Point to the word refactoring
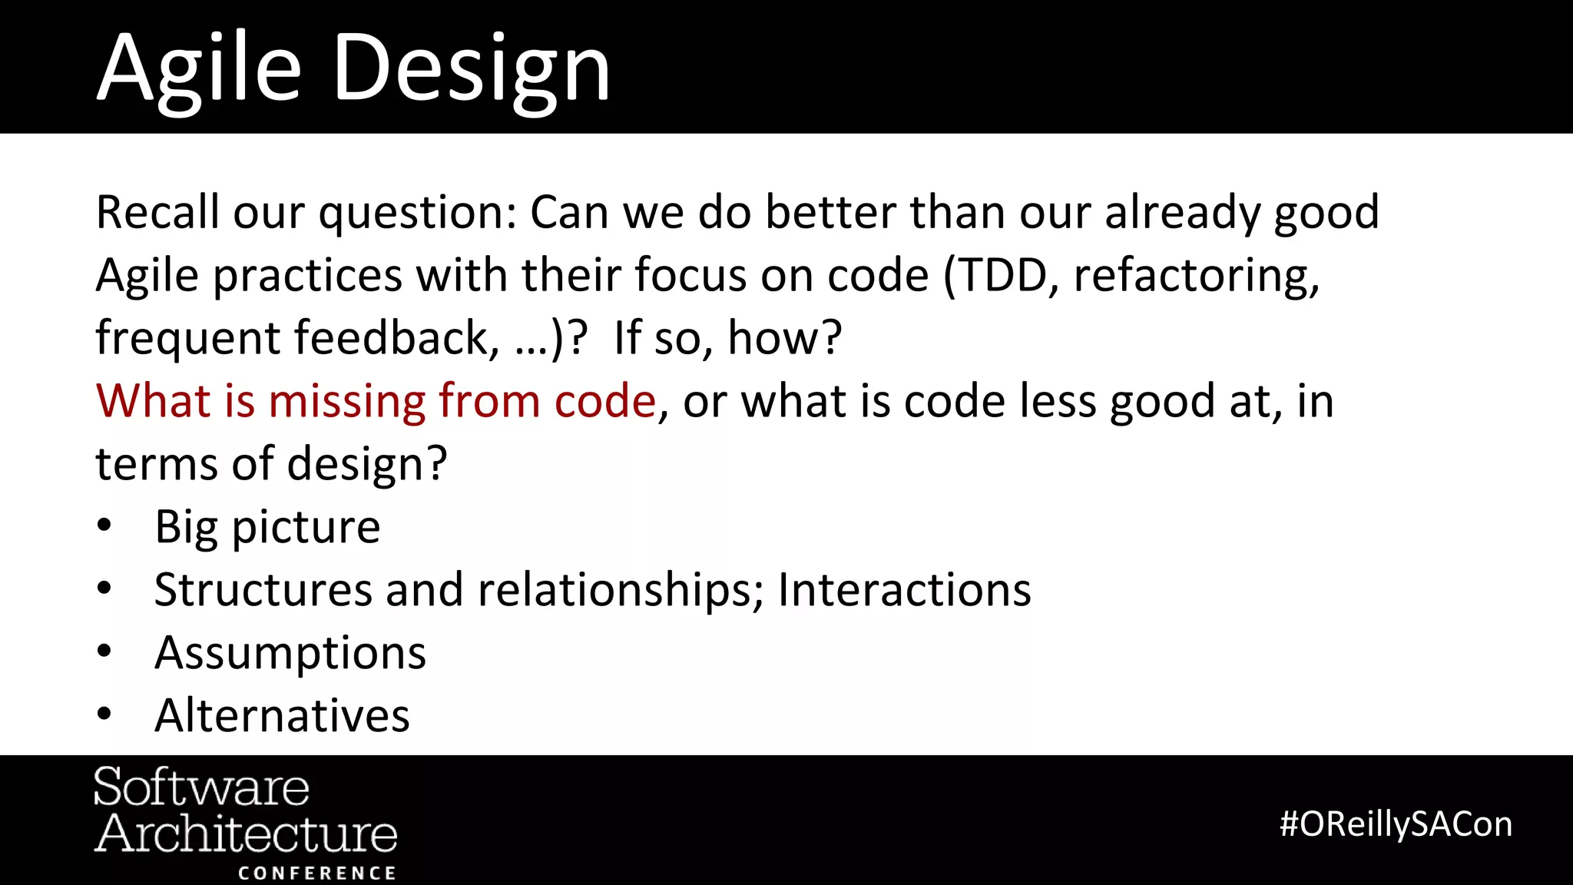pos(1195,277)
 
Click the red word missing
pos(346,401)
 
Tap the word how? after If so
pos(784,338)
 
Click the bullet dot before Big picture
pos(104,527)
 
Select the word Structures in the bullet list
pos(263,590)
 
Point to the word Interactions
pos(903,590)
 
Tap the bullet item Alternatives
pos(282,716)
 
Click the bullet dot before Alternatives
pos(104,716)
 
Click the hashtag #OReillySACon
pos(1396,824)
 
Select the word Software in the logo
pos(201,787)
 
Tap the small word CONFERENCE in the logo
pos(317,873)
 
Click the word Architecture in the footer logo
pos(246,834)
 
